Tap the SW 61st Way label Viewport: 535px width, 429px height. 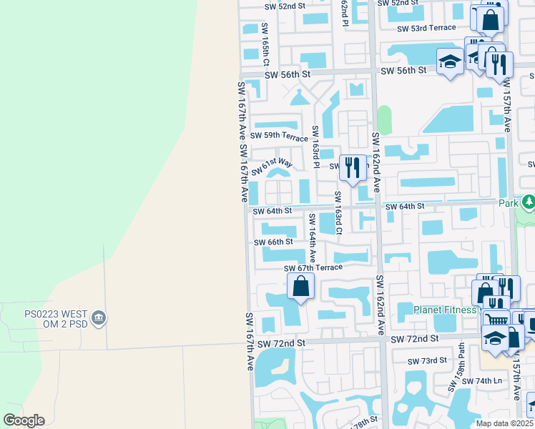click(x=272, y=167)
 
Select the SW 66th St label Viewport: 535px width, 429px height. click(x=273, y=242)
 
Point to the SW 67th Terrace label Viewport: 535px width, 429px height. click(x=313, y=268)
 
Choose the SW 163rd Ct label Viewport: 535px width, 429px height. click(x=338, y=212)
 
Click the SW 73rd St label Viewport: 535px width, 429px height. click(x=427, y=361)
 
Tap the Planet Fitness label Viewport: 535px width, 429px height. click(x=445, y=310)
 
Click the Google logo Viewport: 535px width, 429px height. click(x=24, y=420)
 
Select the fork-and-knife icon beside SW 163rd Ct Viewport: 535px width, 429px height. click(x=352, y=167)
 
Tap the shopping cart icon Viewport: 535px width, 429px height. click(x=496, y=319)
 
